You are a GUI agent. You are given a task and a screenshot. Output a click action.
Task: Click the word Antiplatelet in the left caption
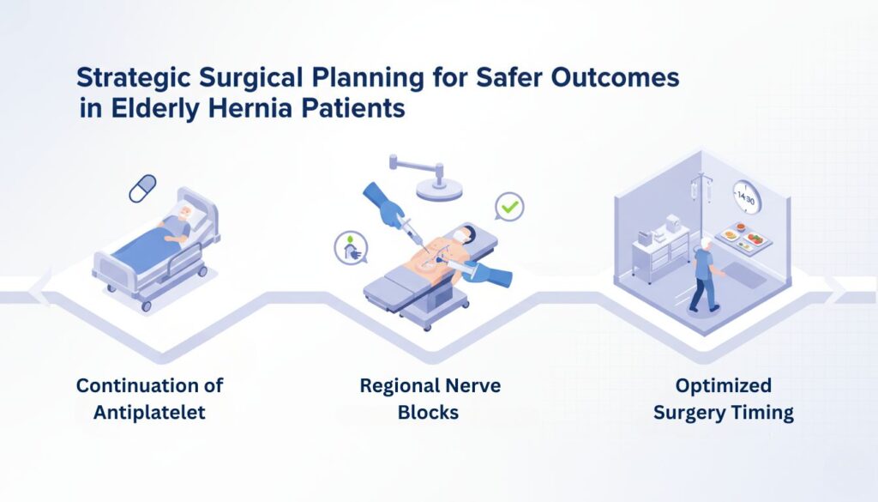(x=149, y=412)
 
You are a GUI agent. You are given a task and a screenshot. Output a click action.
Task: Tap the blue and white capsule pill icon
(x=142, y=188)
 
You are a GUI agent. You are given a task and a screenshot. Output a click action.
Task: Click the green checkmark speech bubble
(x=508, y=208)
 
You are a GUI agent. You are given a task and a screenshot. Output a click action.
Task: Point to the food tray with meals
(x=743, y=236)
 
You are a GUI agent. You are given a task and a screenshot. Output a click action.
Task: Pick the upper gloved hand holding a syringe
(x=382, y=203)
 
